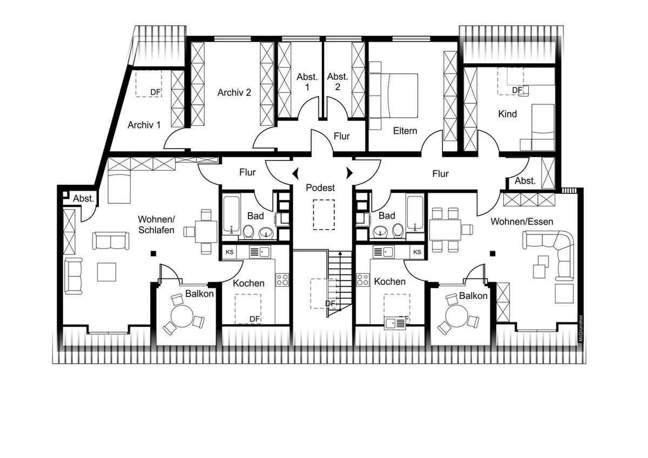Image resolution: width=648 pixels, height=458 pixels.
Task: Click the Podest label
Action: coord(320,188)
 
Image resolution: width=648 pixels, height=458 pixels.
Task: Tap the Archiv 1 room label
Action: coord(144,125)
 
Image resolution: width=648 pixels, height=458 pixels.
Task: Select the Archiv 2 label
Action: coord(234,92)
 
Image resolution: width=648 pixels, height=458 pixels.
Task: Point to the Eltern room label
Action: coord(405,131)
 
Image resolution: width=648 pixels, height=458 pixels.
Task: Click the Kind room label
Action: coord(508,114)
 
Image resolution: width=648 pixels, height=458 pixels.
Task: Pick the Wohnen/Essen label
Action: coord(522,221)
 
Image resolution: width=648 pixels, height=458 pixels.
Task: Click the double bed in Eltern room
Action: coord(394,96)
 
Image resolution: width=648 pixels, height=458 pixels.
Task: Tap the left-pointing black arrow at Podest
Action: coord(295,173)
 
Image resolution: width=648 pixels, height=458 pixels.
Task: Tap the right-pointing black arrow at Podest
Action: coord(350,173)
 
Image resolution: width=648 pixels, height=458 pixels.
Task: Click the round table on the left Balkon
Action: coord(182,316)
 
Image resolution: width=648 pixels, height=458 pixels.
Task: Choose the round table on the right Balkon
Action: coord(457,316)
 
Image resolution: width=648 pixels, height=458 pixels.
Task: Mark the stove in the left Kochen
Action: coord(282,280)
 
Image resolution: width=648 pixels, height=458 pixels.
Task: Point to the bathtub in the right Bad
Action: coord(415,213)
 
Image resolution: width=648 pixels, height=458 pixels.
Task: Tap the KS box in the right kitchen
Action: coord(417,252)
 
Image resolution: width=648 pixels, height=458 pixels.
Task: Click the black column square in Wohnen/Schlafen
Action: coord(153,254)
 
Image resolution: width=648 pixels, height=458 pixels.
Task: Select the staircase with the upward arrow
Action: coord(340,284)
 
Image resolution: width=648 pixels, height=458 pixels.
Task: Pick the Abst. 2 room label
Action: coord(337,82)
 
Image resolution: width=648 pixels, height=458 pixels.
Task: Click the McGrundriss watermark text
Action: coord(580,328)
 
